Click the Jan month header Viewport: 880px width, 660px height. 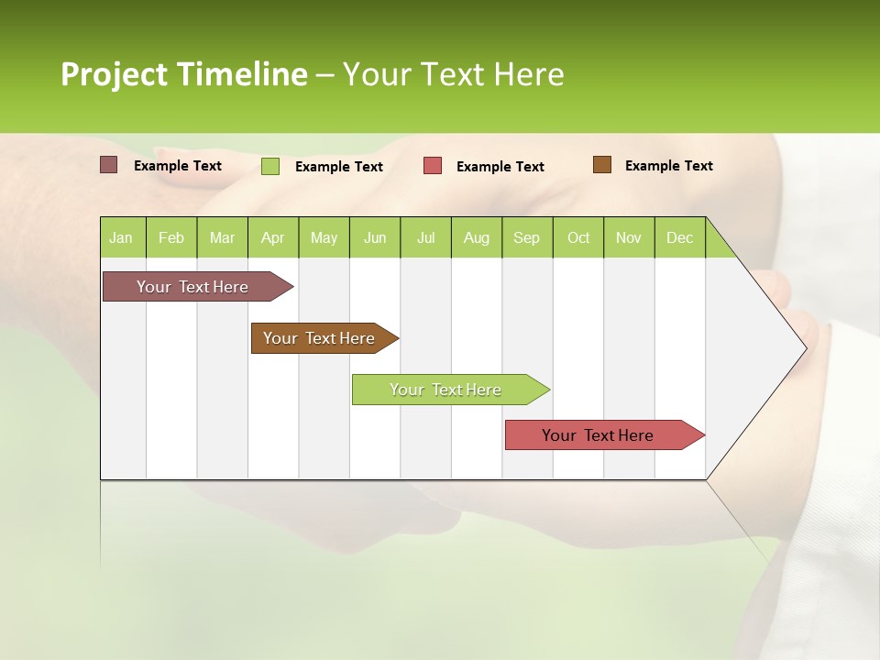coord(121,237)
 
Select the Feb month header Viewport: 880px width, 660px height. coord(171,237)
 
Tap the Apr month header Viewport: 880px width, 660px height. coord(272,237)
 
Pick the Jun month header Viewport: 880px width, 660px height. coord(375,237)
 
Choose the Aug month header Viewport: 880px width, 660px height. coord(476,237)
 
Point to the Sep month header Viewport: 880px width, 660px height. coord(526,237)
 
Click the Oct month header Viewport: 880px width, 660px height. coord(578,237)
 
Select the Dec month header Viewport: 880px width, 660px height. coord(679,237)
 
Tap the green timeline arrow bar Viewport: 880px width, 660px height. coord(446,390)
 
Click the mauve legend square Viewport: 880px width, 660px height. coord(108,165)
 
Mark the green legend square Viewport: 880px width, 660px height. coord(269,166)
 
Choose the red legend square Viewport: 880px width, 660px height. coord(432,166)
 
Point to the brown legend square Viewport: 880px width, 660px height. coord(601,165)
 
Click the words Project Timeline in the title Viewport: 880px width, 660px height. coord(183,74)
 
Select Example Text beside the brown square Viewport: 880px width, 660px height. coord(668,166)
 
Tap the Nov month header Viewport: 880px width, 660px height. coord(628,237)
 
